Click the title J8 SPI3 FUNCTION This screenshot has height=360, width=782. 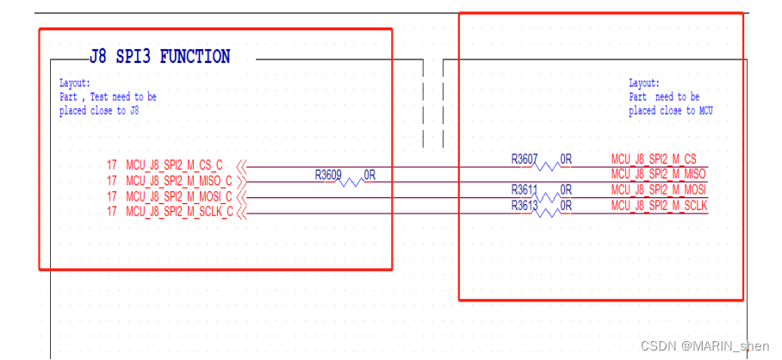(x=159, y=58)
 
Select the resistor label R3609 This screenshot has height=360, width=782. (x=328, y=175)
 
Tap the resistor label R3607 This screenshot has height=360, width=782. (x=524, y=159)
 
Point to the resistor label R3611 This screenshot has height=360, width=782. (x=524, y=189)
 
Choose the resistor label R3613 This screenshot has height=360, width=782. (x=524, y=205)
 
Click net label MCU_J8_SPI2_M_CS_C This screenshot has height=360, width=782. (x=174, y=165)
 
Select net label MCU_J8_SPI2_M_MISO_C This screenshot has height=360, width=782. (x=179, y=181)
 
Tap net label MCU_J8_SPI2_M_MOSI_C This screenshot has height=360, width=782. (x=179, y=196)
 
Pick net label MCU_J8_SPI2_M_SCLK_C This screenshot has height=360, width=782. (x=179, y=212)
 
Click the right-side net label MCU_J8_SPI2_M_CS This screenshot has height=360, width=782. (x=654, y=158)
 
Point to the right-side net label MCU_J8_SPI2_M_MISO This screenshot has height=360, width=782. (x=659, y=174)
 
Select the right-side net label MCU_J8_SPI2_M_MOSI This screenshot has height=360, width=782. (x=659, y=189)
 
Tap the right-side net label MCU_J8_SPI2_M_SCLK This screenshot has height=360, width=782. (x=659, y=205)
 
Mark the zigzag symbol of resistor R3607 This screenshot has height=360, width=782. (x=549, y=166)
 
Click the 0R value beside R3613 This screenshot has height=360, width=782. (x=567, y=205)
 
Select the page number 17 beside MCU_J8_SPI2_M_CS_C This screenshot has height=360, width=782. (x=112, y=165)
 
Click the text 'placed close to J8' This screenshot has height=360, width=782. (x=99, y=111)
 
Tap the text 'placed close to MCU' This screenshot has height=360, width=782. (x=671, y=111)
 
